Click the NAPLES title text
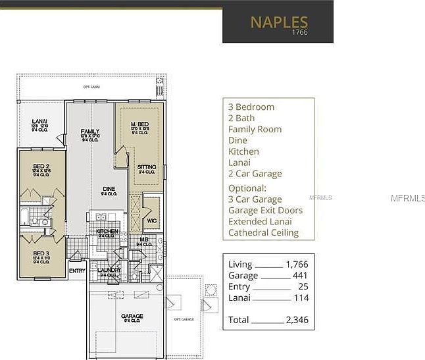pos(279,22)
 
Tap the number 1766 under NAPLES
pos(300,33)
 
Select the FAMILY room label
pos(90,132)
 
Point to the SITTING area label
pos(147,167)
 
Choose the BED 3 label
pos(41,253)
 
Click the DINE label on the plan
pos(109,188)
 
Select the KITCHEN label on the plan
pos(107,232)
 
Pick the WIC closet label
pos(151,220)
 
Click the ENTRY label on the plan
pos(77,270)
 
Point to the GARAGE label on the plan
pos(132,317)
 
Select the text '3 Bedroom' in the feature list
pos(251,107)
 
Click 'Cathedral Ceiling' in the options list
pos(263,232)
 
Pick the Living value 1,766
pos(297,265)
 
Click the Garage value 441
pos(300,276)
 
